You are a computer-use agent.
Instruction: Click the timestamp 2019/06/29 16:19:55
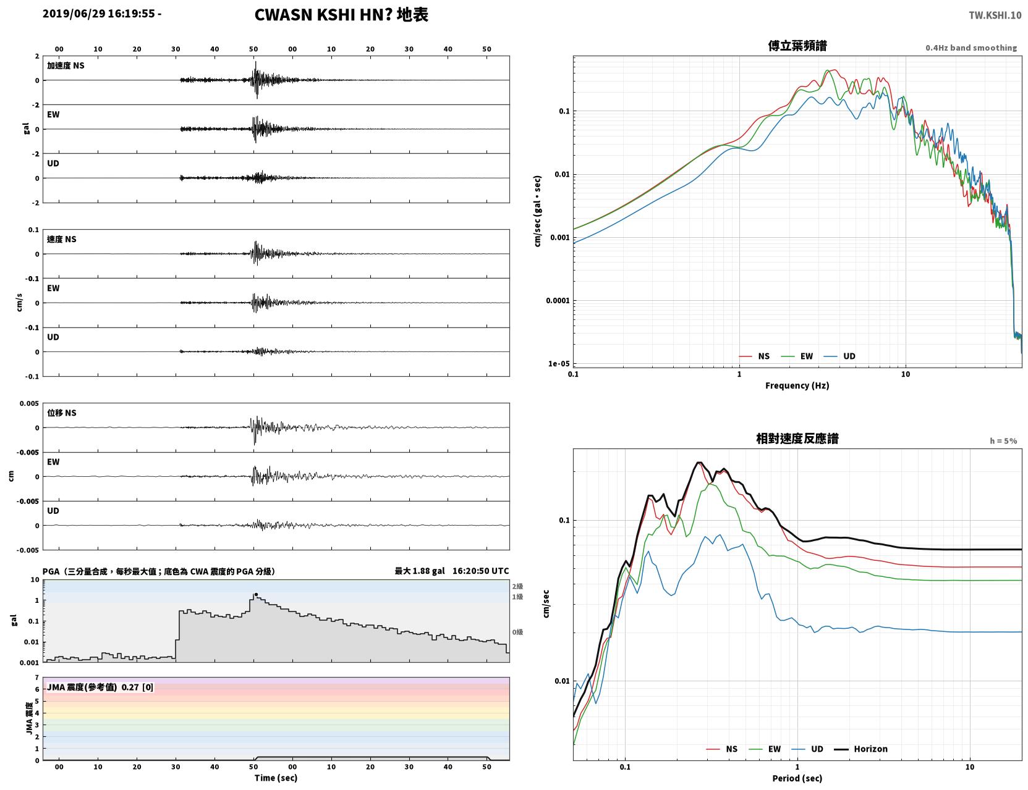click(99, 14)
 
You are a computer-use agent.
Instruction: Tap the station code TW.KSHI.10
click(995, 15)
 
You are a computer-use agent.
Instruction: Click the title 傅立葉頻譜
click(797, 46)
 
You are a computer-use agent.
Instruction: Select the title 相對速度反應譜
click(797, 439)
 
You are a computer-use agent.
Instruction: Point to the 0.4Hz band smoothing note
click(971, 48)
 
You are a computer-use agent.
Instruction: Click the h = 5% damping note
click(1003, 441)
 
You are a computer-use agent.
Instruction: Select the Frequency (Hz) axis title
click(797, 385)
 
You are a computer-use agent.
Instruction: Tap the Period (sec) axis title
click(797, 778)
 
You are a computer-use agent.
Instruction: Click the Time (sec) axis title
click(276, 778)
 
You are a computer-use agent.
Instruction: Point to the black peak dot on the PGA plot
click(256, 594)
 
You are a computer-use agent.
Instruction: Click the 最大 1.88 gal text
click(420, 571)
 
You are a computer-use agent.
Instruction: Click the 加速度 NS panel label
click(66, 65)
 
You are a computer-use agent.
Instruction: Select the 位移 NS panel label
click(61, 413)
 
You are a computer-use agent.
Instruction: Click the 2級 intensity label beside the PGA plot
click(517, 586)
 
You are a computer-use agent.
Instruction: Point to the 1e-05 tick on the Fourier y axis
click(559, 363)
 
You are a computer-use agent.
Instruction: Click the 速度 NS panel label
click(61, 239)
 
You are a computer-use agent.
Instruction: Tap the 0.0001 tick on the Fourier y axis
click(558, 301)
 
